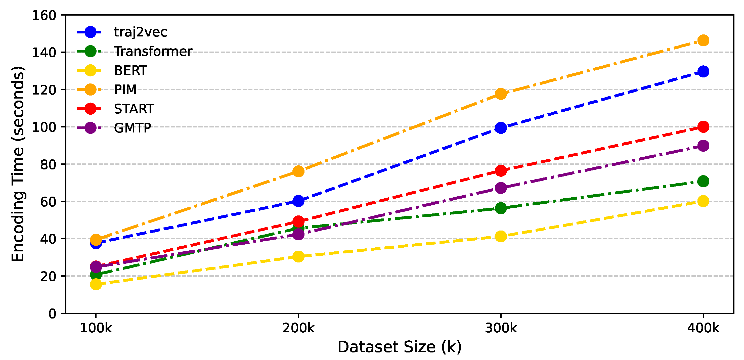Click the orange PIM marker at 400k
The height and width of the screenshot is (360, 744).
(x=703, y=40)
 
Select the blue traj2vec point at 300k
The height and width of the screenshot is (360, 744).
(x=501, y=128)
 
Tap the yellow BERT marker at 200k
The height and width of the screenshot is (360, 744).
(x=298, y=256)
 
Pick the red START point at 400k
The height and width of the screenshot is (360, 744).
(x=703, y=127)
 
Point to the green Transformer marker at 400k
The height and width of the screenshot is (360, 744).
(x=703, y=181)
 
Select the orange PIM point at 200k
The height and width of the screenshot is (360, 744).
(x=298, y=171)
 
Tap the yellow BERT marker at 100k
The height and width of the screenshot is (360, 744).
(x=96, y=285)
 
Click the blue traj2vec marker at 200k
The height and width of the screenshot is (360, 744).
(x=298, y=201)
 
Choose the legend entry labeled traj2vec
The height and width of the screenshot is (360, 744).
(x=140, y=32)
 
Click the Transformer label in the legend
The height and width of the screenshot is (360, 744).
(x=153, y=51)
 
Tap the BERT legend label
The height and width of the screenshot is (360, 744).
(x=130, y=71)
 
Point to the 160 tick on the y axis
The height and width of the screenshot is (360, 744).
(x=44, y=16)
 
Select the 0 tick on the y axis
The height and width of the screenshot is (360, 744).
(x=52, y=313)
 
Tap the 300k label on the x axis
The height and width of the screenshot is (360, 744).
(x=501, y=328)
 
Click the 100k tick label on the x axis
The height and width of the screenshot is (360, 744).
(x=96, y=328)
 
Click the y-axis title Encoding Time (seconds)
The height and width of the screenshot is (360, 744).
(x=18, y=164)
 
